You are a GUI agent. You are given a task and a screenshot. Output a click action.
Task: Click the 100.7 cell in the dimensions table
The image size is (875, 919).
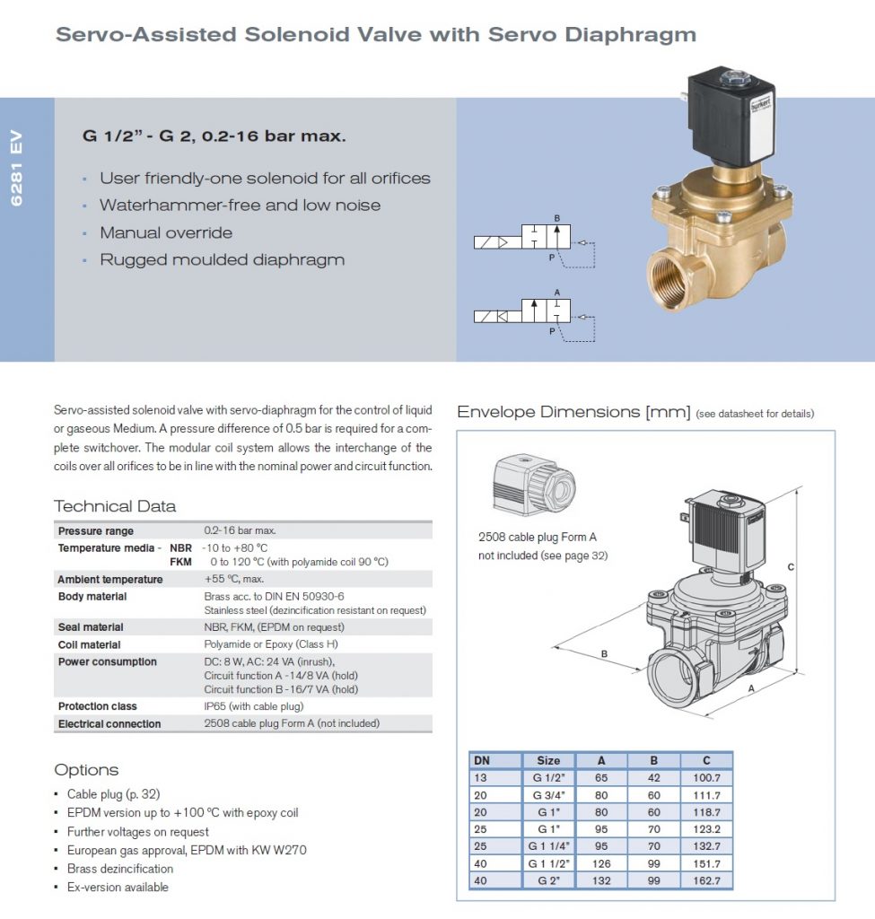706,777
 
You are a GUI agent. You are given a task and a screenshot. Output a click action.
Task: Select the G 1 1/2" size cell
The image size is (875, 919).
548,864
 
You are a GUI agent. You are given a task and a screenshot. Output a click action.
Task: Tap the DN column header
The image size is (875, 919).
482,760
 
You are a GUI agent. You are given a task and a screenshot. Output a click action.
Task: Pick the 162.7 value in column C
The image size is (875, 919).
706,881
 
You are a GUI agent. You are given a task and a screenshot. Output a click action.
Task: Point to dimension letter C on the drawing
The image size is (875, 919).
791,566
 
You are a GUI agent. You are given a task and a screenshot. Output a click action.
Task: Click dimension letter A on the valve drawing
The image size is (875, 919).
751,688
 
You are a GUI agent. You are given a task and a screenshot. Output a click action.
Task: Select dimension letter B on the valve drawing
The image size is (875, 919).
604,654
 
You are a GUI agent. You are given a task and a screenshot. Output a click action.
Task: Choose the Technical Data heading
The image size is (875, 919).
115,505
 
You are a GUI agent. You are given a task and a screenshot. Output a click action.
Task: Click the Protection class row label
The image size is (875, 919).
97,706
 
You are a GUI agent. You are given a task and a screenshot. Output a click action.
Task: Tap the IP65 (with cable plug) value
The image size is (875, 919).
254,706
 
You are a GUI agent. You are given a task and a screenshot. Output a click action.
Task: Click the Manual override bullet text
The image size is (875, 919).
166,232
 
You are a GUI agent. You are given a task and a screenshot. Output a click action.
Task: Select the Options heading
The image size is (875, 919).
86,770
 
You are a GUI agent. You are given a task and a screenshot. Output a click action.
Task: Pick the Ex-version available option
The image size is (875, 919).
118,888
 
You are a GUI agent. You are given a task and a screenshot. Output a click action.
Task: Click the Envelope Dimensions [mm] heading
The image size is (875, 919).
572,412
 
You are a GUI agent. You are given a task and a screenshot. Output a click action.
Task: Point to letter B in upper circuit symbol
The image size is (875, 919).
556,219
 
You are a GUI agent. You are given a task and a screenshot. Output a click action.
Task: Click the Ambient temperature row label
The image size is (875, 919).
110,579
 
